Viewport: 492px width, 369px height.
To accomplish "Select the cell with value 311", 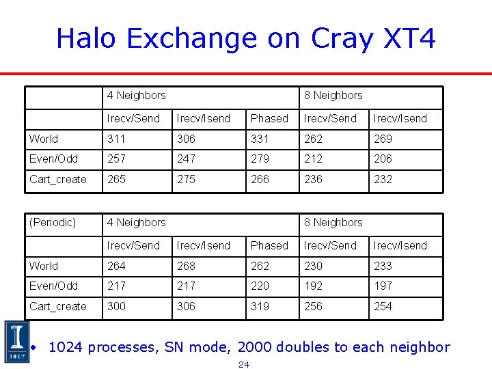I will pyautogui.click(x=117, y=139).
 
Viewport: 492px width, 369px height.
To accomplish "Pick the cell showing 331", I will pyautogui.click(x=260, y=139).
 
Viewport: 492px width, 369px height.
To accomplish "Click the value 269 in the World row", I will pyautogui.click(x=383, y=139).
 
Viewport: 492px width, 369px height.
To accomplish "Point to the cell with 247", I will pyautogui.click(x=186, y=159).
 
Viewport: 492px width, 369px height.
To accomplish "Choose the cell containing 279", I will pyautogui.click(x=260, y=159).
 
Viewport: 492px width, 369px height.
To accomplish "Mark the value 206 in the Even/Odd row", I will pyautogui.click(x=383, y=159).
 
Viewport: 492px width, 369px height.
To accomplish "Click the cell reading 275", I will pyautogui.click(x=186, y=179).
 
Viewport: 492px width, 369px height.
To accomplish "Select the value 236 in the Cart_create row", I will pyautogui.click(x=314, y=179).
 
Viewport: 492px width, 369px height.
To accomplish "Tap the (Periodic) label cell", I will pyautogui.click(x=53, y=222).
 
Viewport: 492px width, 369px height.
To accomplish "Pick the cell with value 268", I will pyautogui.click(x=186, y=266).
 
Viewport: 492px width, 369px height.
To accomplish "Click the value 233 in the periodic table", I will pyautogui.click(x=383, y=266).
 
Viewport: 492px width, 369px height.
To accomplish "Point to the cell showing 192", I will pyautogui.click(x=314, y=286).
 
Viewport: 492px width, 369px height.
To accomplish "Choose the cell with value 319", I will pyautogui.click(x=260, y=306).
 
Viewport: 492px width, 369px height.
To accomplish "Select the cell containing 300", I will pyautogui.click(x=117, y=306).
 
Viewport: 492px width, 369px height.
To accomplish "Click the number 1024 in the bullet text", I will pyautogui.click(x=66, y=347).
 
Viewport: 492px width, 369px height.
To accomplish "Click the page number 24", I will pyautogui.click(x=244, y=364).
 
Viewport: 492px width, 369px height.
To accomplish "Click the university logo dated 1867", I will pyautogui.click(x=16, y=341).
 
